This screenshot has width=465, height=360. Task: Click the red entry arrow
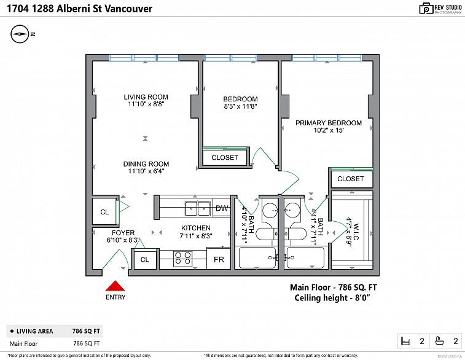coord(115,286)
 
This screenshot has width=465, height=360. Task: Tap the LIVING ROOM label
coord(146,101)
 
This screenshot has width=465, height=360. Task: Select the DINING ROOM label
coord(146,168)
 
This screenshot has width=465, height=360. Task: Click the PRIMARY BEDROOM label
coord(328,126)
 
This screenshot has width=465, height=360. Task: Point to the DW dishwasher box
coord(222,209)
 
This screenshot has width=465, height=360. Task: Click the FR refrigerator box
coord(219,259)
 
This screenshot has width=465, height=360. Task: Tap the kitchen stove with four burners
coord(182,259)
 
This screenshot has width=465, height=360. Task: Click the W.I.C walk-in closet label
coord(350,232)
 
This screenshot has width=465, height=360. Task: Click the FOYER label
coord(123,237)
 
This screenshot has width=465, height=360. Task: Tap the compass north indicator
coord(20,34)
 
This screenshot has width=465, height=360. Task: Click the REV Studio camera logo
coord(426,8)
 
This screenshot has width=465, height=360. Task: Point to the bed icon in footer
coord(405,340)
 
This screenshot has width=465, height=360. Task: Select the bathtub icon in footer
coord(439,340)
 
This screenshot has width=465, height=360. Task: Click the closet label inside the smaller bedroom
coord(224,157)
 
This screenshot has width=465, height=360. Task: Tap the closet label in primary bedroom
coord(350,179)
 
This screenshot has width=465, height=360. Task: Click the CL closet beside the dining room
coord(104,212)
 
